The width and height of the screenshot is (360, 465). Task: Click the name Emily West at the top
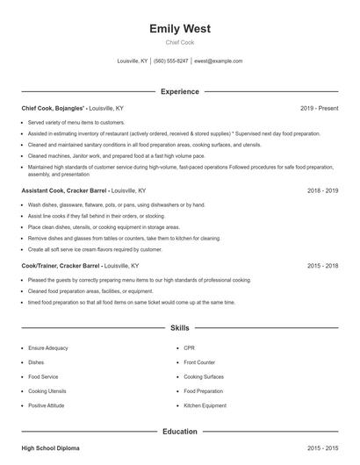tap(180, 29)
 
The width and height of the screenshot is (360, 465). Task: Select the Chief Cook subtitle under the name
tap(180, 42)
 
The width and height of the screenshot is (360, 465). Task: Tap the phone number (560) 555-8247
tap(170, 61)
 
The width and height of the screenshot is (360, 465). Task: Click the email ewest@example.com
tap(218, 61)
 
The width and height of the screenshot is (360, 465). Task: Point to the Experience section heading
tap(180, 91)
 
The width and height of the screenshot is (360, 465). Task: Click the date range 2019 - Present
tap(320, 108)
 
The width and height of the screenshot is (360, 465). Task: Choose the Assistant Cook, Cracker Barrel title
tap(59, 190)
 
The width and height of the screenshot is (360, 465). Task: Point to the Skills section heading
tap(180, 328)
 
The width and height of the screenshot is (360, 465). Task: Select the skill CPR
tap(189, 348)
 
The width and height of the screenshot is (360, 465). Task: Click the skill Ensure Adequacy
tap(47, 348)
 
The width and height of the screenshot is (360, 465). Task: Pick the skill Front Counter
tap(199, 362)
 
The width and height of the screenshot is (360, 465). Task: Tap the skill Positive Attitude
tap(46, 405)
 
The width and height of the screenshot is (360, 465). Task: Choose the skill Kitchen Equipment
tap(205, 405)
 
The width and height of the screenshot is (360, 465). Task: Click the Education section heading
tap(180, 432)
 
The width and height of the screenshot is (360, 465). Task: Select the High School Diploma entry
tap(50, 448)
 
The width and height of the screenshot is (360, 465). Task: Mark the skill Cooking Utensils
tap(47, 391)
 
